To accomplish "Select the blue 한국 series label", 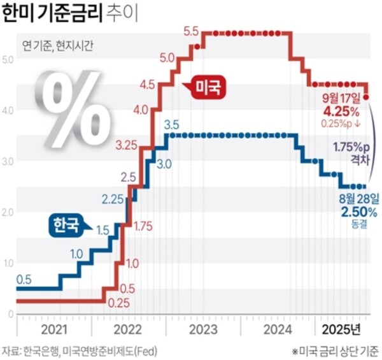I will (x=66, y=224).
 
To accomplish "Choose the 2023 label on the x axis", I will (x=203, y=329).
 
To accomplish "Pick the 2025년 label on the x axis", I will (x=341, y=329).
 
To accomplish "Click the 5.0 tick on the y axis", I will (x=8, y=60).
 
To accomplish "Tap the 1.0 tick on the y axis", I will (x=8, y=263).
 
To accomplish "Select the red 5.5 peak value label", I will (x=191, y=31).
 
